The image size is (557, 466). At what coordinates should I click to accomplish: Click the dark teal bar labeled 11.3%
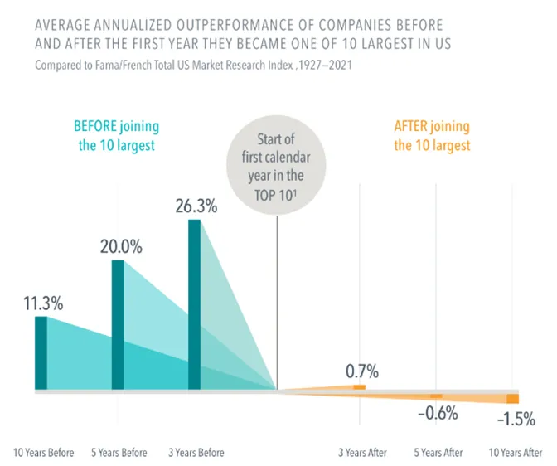[41, 352]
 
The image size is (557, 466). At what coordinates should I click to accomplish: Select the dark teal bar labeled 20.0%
[118, 324]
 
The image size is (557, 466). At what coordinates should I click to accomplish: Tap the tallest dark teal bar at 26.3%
[194, 304]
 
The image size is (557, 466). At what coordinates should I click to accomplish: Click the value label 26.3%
[196, 206]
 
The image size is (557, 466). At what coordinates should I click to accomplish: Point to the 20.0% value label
[121, 246]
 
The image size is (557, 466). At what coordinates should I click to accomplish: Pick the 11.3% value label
[43, 303]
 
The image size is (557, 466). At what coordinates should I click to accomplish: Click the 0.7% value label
[362, 371]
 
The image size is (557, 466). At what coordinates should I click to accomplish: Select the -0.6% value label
[438, 413]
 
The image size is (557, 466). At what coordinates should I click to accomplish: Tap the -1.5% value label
[516, 419]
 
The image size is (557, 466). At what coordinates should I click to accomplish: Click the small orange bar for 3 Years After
[360, 387]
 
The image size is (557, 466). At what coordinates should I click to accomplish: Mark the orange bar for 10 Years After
[512, 399]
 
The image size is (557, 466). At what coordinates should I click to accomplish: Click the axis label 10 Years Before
[43, 453]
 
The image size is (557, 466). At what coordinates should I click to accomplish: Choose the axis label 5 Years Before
[119, 453]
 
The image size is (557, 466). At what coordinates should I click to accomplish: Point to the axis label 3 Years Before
[196, 453]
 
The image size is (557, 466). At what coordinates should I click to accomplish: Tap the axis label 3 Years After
[362, 453]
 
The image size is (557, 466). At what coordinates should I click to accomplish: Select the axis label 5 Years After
[438, 453]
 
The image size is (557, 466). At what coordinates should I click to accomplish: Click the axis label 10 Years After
[516, 453]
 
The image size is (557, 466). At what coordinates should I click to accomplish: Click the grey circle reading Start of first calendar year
[276, 165]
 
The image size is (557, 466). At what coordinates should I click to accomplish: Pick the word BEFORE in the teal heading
[95, 126]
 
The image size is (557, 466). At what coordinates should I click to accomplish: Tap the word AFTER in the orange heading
[410, 126]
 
